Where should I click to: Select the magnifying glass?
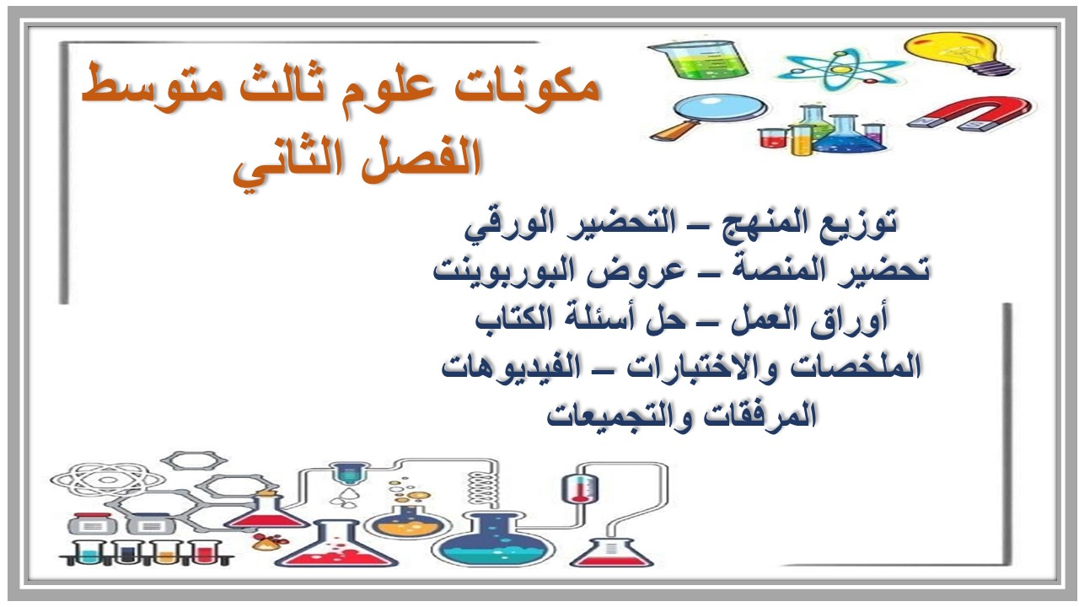pyautogui.click(x=709, y=117)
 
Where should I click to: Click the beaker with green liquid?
pyautogui.click(x=696, y=63)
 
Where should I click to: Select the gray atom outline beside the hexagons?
pyautogui.click(x=92, y=480)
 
